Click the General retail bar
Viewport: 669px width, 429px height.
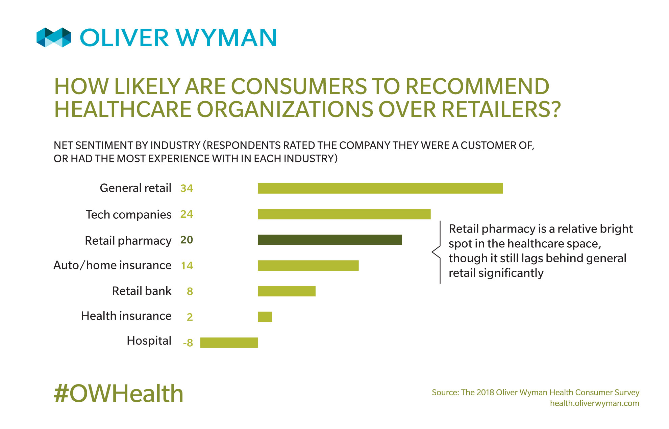pyautogui.click(x=380, y=188)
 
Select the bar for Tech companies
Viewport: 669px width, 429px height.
pyautogui.click(x=344, y=214)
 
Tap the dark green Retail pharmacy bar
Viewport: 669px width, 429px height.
pyautogui.click(x=330, y=240)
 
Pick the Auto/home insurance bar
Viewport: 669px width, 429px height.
pyautogui.click(x=308, y=265)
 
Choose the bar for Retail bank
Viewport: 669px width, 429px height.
pyautogui.click(x=287, y=291)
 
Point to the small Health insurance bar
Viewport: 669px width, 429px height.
pyautogui.click(x=265, y=317)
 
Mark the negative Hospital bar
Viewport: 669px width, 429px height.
pyautogui.click(x=229, y=342)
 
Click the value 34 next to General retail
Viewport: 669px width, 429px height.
pyautogui.click(x=187, y=188)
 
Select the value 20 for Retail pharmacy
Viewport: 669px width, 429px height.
pyautogui.click(x=187, y=240)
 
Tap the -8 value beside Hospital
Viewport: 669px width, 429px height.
pyautogui.click(x=188, y=343)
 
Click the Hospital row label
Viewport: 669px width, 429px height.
pyautogui.click(x=149, y=341)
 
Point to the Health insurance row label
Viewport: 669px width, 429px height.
pyautogui.click(x=126, y=316)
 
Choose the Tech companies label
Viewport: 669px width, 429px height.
pyautogui.click(x=129, y=215)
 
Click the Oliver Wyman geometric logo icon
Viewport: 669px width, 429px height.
pyautogui.click(x=54, y=37)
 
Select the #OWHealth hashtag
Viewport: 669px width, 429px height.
pyautogui.click(x=119, y=394)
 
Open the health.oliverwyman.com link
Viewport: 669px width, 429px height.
pyautogui.click(x=594, y=403)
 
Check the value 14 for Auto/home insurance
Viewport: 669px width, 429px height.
pyautogui.click(x=187, y=266)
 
